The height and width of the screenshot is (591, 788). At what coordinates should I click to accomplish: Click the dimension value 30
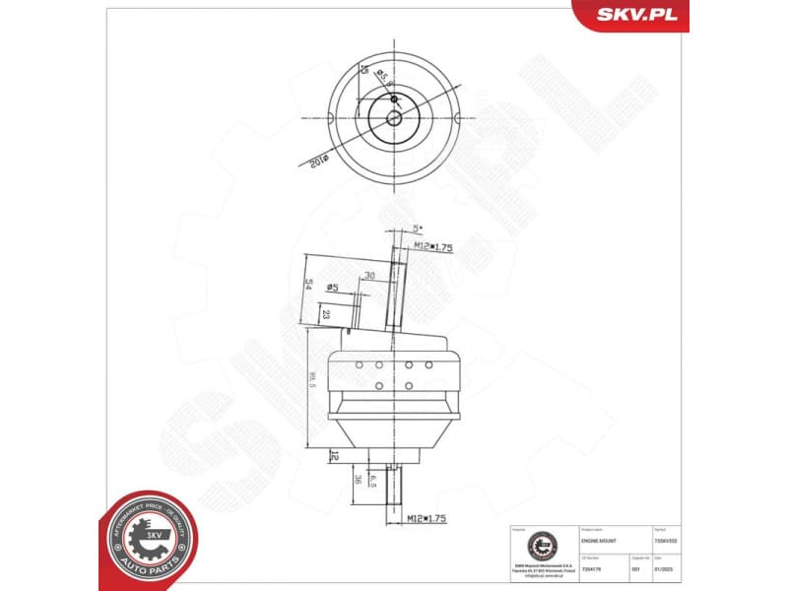click(x=369, y=275)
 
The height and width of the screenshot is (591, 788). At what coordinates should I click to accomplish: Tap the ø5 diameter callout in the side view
click(x=333, y=288)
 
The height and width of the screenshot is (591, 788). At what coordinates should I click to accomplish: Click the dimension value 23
click(x=325, y=314)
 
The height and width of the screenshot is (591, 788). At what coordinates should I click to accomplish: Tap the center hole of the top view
click(x=393, y=118)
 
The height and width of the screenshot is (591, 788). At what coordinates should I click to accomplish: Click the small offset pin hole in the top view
click(x=393, y=99)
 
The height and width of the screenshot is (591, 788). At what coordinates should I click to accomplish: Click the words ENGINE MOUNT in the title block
click(x=598, y=541)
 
